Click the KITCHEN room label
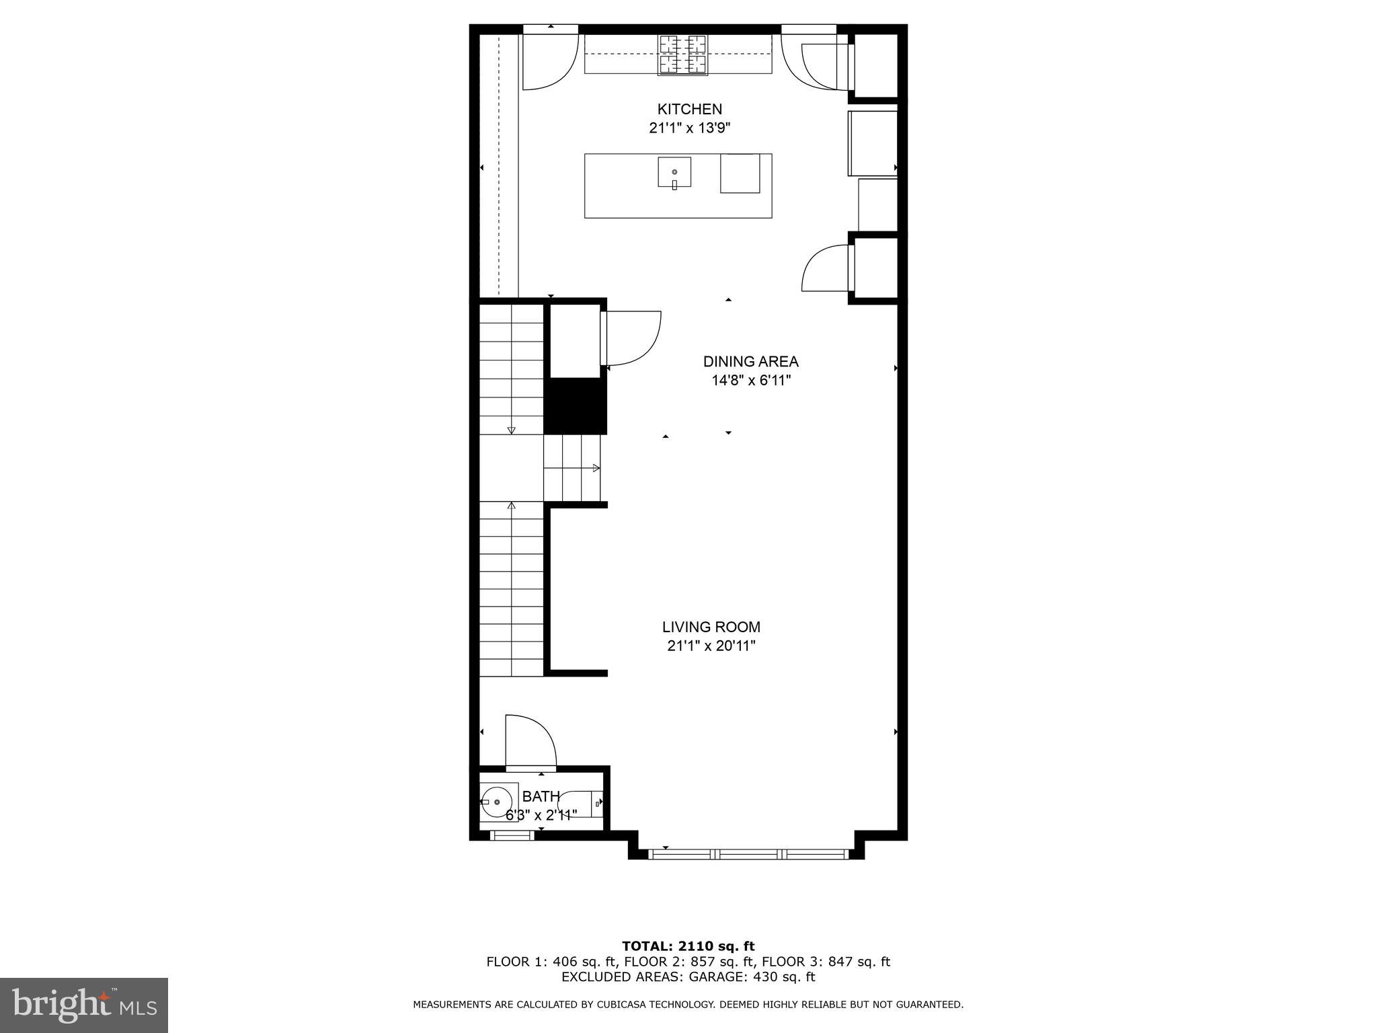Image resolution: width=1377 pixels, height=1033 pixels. (x=689, y=109)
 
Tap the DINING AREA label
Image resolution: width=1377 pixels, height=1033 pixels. (x=750, y=361)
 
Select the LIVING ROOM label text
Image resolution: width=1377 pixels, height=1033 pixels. (x=711, y=627)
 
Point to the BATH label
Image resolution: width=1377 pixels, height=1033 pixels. (x=541, y=796)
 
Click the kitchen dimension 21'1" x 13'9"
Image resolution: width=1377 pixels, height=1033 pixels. (x=689, y=128)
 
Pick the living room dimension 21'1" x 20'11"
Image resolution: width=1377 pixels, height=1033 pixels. (x=711, y=646)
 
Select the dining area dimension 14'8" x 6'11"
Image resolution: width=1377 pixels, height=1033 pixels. (x=750, y=380)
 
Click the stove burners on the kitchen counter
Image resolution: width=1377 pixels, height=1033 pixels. (x=683, y=54)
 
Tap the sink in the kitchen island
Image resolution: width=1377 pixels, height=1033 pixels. (x=674, y=171)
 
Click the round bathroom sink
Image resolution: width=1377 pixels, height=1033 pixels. (x=497, y=802)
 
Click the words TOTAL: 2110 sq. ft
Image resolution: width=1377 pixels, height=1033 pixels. (x=688, y=946)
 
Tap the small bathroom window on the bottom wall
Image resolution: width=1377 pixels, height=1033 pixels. (x=512, y=835)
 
